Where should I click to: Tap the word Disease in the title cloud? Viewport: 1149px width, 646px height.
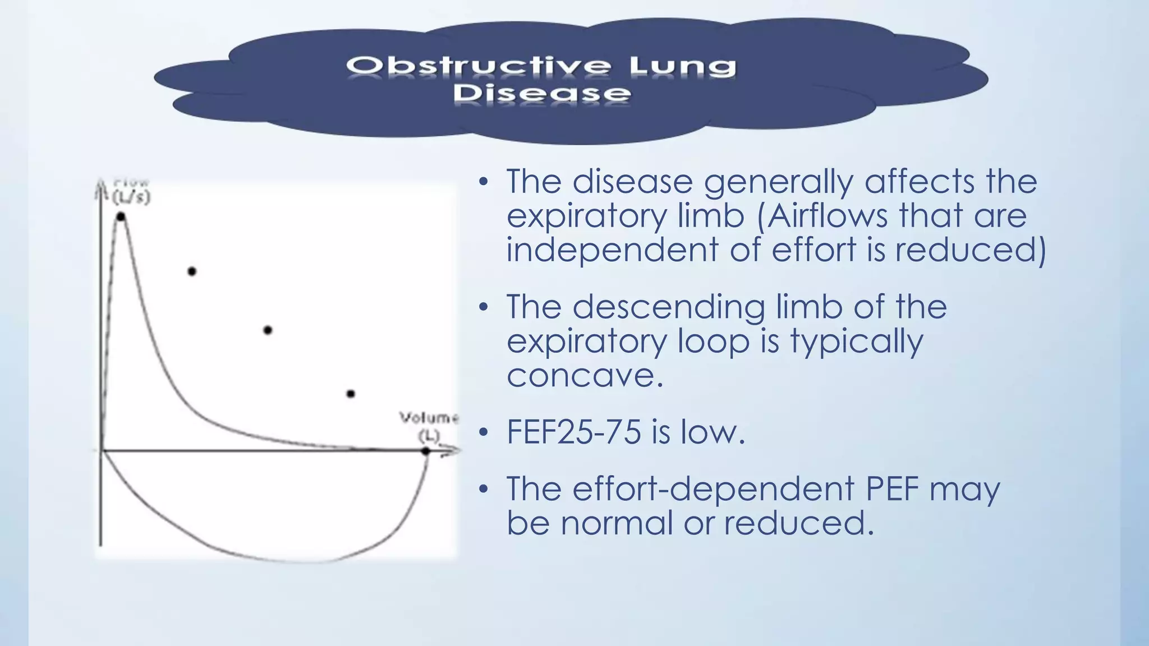(542, 94)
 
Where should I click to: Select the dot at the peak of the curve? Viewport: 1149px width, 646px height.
(121, 216)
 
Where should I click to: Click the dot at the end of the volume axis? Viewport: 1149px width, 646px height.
(426, 451)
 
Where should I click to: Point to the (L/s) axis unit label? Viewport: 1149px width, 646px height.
(131, 197)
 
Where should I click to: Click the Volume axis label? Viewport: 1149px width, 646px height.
(429, 418)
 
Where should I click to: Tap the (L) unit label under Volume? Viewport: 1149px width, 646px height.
(429, 436)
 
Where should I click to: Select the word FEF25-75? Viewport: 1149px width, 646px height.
(573, 432)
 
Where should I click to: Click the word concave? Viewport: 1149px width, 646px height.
(585, 375)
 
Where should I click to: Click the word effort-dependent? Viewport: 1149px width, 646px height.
(713, 488)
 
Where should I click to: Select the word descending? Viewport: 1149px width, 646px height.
(669, 307)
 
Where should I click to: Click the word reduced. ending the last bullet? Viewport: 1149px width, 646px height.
(799, 523)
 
